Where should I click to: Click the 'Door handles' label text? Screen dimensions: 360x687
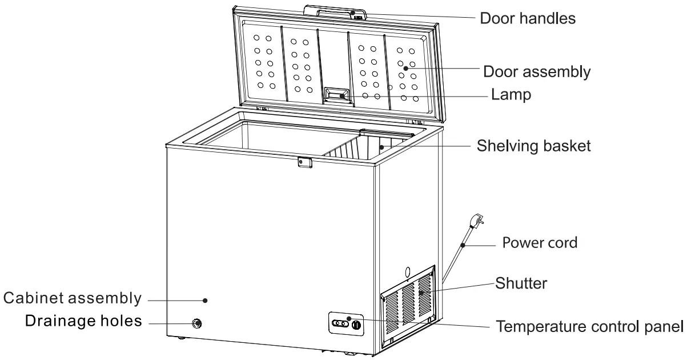(x=527, y=18)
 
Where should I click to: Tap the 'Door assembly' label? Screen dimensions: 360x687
(x=537, y=72)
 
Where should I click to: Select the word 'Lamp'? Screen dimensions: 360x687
(x=511, y=94)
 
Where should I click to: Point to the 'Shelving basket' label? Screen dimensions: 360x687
(x=534, y=146)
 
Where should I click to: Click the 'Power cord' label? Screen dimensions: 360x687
(x=540, y=242)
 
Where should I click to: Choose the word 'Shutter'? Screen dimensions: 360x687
(x=521, y=283)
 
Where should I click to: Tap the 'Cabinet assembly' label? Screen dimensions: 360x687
(x=72, y=298)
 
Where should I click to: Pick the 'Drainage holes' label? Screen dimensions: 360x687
(x=83, y=321)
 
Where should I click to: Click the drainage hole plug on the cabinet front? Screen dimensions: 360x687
(x=197, y=323)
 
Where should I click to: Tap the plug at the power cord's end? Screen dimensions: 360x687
(x=475, y=220)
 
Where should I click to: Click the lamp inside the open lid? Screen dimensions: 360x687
(x=338, y=94)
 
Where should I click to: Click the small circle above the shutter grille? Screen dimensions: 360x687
(x=408, y=271)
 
